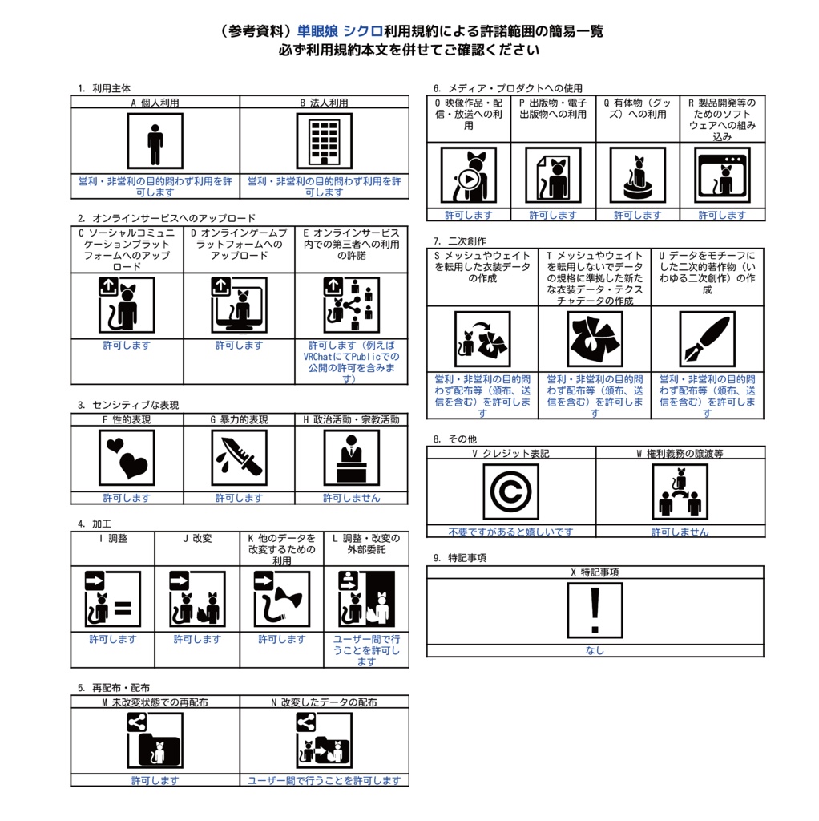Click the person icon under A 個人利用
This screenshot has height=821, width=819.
155,141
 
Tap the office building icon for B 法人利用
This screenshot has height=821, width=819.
324,141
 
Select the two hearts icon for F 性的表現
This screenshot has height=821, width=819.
127,458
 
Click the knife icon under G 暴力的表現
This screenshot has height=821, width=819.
239,458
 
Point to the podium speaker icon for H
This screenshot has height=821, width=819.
351,458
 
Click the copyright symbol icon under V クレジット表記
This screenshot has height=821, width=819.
510,491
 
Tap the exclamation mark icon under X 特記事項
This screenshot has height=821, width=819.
595,610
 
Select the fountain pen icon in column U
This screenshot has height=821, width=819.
707,339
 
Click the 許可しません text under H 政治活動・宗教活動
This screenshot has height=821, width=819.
351,498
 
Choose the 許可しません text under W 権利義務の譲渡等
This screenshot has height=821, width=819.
680,532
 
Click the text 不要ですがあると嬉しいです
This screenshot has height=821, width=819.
510,532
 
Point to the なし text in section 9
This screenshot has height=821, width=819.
595,650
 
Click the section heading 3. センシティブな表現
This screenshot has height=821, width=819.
128,405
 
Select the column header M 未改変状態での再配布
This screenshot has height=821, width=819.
155,702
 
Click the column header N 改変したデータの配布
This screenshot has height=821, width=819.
324,702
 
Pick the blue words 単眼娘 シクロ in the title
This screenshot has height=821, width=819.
340,31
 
